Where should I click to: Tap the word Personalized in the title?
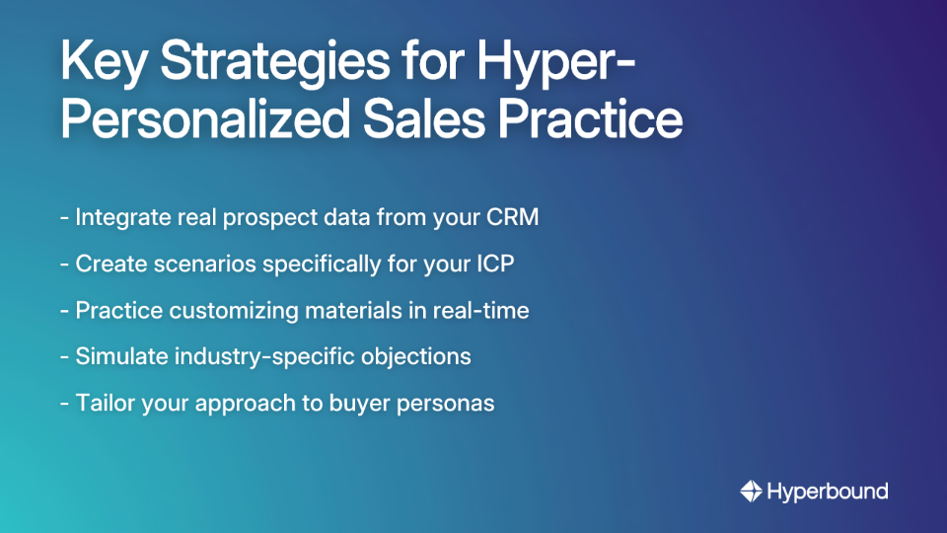pos(197,118)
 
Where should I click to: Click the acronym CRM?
pos(512,217)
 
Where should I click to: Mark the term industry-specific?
pos(258,356)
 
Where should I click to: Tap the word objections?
pos(418,356)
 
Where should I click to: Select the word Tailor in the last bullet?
pos(103,403)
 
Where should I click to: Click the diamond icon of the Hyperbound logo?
pos(752,491)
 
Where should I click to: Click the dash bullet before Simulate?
pos(64,356)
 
